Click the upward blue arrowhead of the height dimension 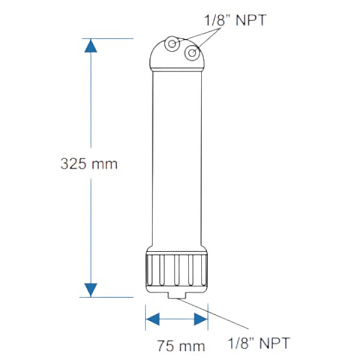coord(92,46)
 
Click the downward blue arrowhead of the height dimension coord(92,289)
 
